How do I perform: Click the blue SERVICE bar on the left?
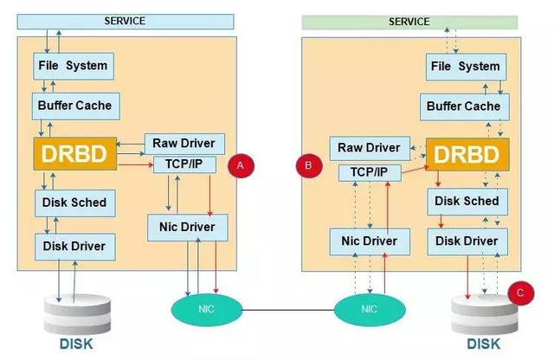coord(125,21)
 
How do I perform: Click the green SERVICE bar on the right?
coord(409,21)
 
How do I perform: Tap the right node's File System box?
coord(465,67)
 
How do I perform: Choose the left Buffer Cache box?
coord(74,106)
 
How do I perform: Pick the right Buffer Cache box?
coord(465,106)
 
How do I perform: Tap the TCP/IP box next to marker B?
coord(370,173)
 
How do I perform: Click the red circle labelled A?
coord(239,164)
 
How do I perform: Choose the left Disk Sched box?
coord(74,202)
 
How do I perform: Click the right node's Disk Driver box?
coord(465,241)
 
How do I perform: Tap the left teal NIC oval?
coord(204,309)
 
